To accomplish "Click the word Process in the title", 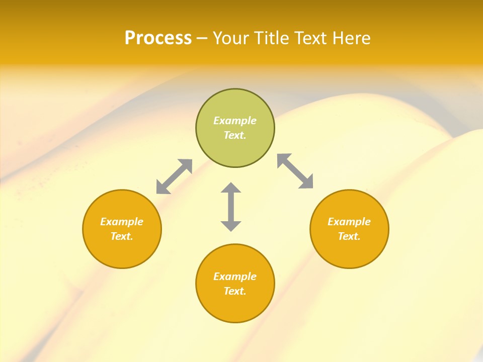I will click(158, 38).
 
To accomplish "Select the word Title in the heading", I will click(273, 38).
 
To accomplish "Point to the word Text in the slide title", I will click(314, 38).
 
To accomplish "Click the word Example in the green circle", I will click(235, 121).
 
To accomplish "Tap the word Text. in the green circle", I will click(235, 135).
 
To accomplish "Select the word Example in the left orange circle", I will click(122, 222).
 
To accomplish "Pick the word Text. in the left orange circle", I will click(122, 236).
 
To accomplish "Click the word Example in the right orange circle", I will click(349, 222).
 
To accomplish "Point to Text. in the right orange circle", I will click(349, 236).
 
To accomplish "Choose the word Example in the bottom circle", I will click(235, 277).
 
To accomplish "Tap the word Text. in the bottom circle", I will click(235, 291).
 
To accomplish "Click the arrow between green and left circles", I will click(174, 176).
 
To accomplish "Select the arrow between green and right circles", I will click(295, 171).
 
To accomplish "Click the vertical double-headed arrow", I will click(231, 207).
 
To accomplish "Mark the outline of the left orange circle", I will click(83, 229).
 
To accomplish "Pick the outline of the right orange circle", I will click(388, 229).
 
